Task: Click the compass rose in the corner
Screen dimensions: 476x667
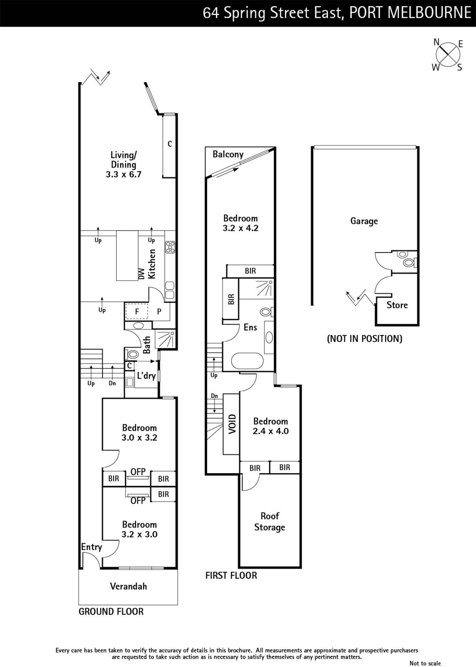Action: (447, 55)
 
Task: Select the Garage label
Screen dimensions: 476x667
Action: (364, 221)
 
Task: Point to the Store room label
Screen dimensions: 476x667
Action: (397, 305)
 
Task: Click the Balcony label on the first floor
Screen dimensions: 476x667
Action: (228, 154)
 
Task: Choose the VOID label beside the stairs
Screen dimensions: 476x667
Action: (232, 424)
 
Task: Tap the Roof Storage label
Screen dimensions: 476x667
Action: (270, 522)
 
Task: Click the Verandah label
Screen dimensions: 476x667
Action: (129, 586)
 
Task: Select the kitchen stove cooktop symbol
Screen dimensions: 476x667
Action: (170, 247)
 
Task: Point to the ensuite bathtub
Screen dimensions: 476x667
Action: (247, 361)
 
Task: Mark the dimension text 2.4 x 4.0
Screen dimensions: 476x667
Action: (271, 431)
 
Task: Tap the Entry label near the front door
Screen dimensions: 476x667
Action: (92, 547)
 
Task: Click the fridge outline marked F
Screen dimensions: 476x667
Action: (137, 311)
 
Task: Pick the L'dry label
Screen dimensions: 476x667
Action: (146, 376)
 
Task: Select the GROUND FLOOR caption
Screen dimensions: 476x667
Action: (111, 612)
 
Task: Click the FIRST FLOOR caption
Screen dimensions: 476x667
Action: (231, 575)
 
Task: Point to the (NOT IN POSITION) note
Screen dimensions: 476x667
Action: (365, 339)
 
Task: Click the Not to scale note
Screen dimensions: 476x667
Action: (425, 663)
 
